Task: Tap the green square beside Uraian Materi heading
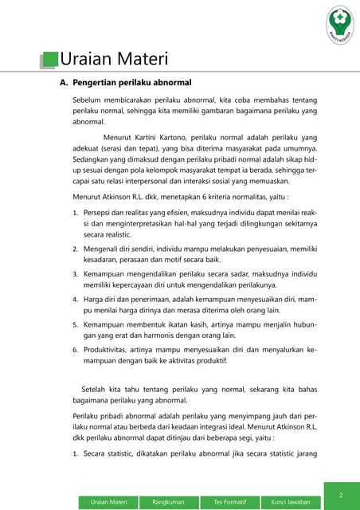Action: pos(50,60)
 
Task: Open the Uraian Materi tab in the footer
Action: pos(110,501)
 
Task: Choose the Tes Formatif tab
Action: pos(230,501)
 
